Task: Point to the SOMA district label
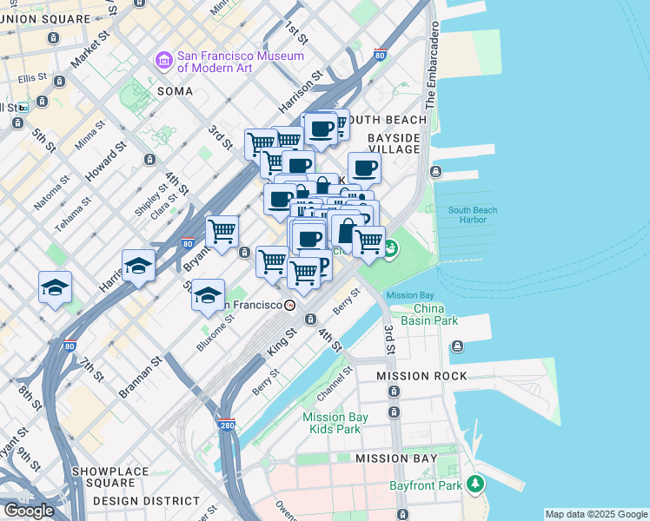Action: tap(175, 90)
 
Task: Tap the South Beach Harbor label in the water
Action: tap(473, 216)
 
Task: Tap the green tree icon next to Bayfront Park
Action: tap(474, 484)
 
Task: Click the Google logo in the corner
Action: tap(29, 510)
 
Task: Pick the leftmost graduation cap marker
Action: tap(55, 288)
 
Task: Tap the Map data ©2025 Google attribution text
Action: tap(596, 514)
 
